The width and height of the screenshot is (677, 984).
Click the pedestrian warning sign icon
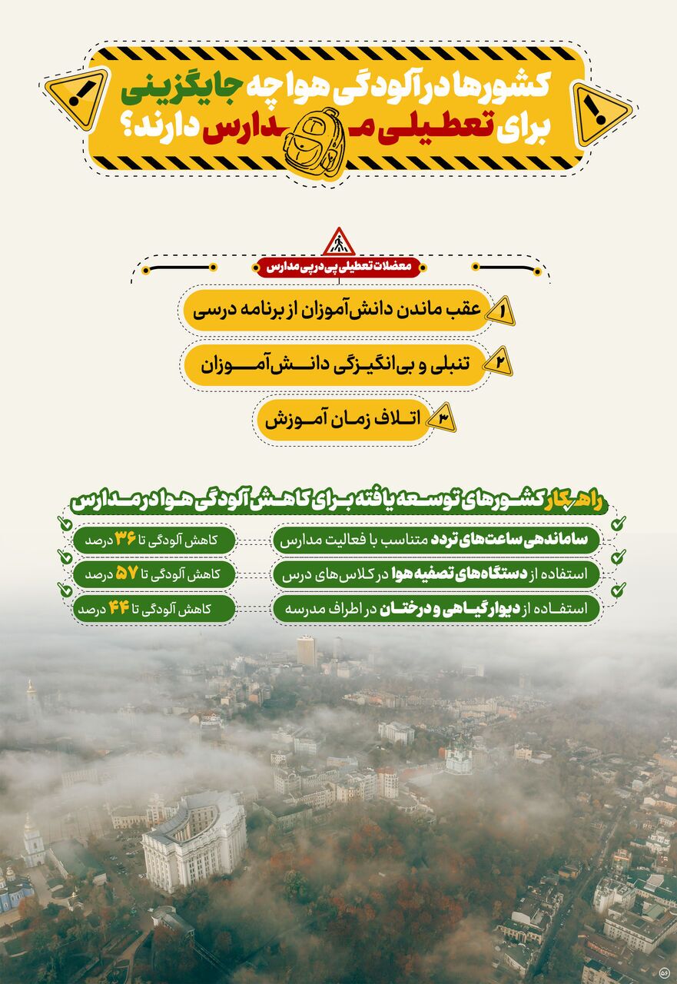coord(338,243)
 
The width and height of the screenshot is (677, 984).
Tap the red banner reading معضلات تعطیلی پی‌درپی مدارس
coord(338,268)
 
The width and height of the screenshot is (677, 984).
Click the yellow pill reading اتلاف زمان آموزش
coord(343,420)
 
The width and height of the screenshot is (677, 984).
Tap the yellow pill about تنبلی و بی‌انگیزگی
coord(335,364)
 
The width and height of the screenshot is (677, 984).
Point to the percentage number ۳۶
coord(125,539)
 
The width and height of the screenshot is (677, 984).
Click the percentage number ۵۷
coord(125,573)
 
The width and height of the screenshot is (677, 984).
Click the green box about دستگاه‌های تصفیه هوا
coord(436,574)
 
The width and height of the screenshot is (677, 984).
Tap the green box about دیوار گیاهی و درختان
coord(436,609)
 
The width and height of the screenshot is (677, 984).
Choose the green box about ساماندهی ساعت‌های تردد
coord(436,540)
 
